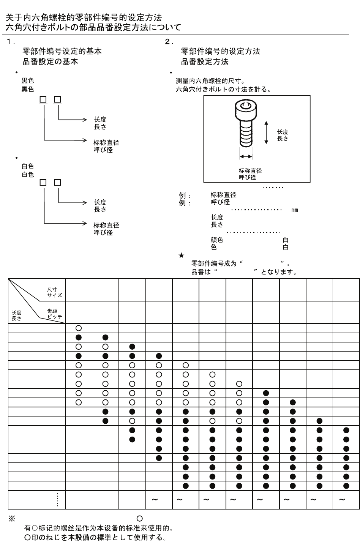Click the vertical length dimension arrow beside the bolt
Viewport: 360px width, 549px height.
(267, 133)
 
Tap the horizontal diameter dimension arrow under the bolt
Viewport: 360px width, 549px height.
(246, 156)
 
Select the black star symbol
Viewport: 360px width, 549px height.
(181, 256)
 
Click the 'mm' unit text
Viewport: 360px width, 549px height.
(295, 210)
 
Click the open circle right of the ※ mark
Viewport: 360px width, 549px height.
(139, 518)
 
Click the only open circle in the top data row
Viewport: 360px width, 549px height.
(79, 328)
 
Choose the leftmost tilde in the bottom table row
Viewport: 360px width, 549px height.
(155, 500)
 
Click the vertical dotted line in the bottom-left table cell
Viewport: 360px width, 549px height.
(57, 500)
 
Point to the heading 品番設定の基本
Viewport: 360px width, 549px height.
(50, 62)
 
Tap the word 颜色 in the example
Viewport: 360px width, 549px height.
(217, 240)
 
